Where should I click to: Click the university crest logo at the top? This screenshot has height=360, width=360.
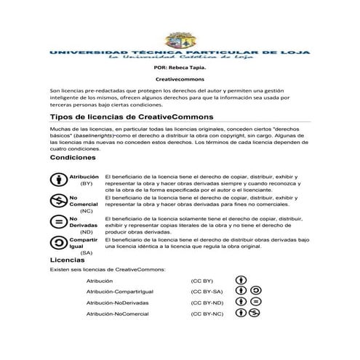[178, 41]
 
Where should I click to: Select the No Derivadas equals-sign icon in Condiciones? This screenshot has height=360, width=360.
[59, 222]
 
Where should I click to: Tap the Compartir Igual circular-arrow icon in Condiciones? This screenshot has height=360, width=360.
[59, 243]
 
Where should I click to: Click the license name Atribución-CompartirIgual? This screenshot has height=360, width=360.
[119, 291]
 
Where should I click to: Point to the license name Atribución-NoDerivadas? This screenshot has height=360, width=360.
[117, 302]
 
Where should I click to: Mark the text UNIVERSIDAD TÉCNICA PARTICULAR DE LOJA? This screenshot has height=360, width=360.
[180, 53]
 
